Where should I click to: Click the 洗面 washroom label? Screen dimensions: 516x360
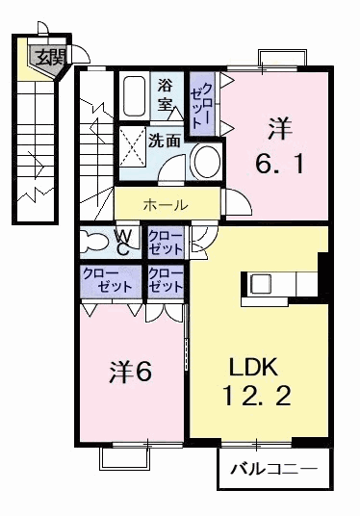point(164,140)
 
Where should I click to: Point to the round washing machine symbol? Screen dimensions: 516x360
point(205,161)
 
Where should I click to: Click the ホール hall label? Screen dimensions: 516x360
point(166,204)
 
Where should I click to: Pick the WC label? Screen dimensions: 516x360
point(125,242)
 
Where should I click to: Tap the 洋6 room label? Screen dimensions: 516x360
point(130,370)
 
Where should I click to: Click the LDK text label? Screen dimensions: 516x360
point(253,367)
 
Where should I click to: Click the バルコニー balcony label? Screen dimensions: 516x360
point(273,473)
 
